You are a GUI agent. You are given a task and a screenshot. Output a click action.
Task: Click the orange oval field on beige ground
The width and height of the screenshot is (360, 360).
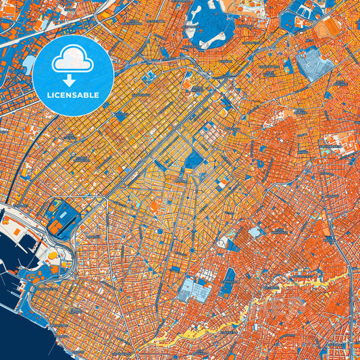[329, 27]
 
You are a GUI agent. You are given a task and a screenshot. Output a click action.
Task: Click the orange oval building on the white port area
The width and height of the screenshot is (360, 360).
[51, 255]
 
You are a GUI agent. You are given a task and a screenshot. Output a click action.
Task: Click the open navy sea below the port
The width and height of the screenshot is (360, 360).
[27, 331]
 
